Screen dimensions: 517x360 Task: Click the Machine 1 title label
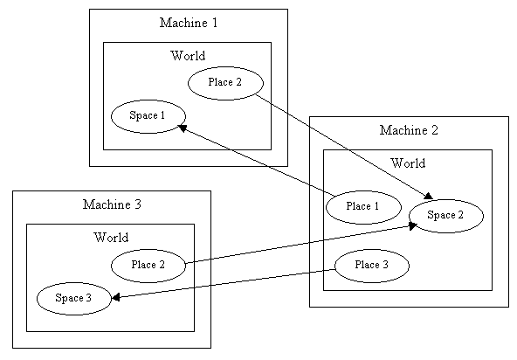click(189, 23)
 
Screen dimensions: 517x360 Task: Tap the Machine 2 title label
click(409, 130)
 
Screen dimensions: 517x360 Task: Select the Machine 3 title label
click(112, 204)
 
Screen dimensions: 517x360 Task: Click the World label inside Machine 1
click(188, 55)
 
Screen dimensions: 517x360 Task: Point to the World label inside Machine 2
click(408, 163)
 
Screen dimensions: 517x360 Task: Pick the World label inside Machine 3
click(111, 238)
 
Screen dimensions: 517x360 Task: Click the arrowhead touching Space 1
click(183, 128)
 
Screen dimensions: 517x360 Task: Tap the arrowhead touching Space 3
click(115, 297)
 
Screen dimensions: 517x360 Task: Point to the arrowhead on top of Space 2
click(428, 196)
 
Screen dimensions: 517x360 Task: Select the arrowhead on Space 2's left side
click(413, 225)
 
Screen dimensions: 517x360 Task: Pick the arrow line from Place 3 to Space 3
click(224, 284)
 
